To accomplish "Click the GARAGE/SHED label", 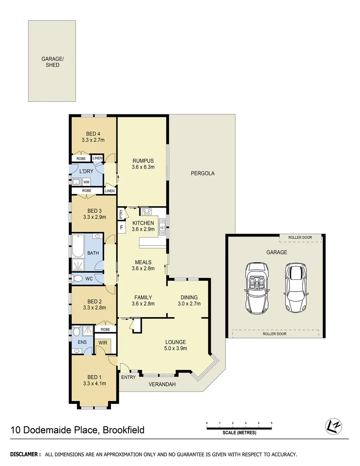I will pyautogui.click(x=50, y=62).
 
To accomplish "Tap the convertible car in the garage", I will pyautogui.click(x=257, y=289).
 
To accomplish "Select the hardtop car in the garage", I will pyautogui.click(x=295, y=289).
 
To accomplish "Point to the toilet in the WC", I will pyautogui.click(x=77, y=279).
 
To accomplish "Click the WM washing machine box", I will pyautogui.click(x=86, y=182).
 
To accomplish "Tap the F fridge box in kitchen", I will pyautogui.click(x=122, y=227).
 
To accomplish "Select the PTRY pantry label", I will pyautogui.click(x=122, y=213).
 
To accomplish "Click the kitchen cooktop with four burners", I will pyautogui.click(x=146, y=211).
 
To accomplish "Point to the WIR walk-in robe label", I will pyautogui.click(x=103, y=343).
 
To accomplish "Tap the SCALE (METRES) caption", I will pyautogui.click(x=239, y=433).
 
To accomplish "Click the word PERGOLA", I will pyautogui.click(x=202, y=173).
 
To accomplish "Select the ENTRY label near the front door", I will pyautogui.click(x=128, y=377).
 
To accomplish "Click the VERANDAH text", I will pyautogui.click(x=162, y=384).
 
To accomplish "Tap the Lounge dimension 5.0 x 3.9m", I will pyautogui.click(x=175, y=349).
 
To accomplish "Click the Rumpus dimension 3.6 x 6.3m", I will pyautogui.click(x=143, y=167).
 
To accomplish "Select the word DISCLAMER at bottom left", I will pyautogui.click(x=25, y=454).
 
